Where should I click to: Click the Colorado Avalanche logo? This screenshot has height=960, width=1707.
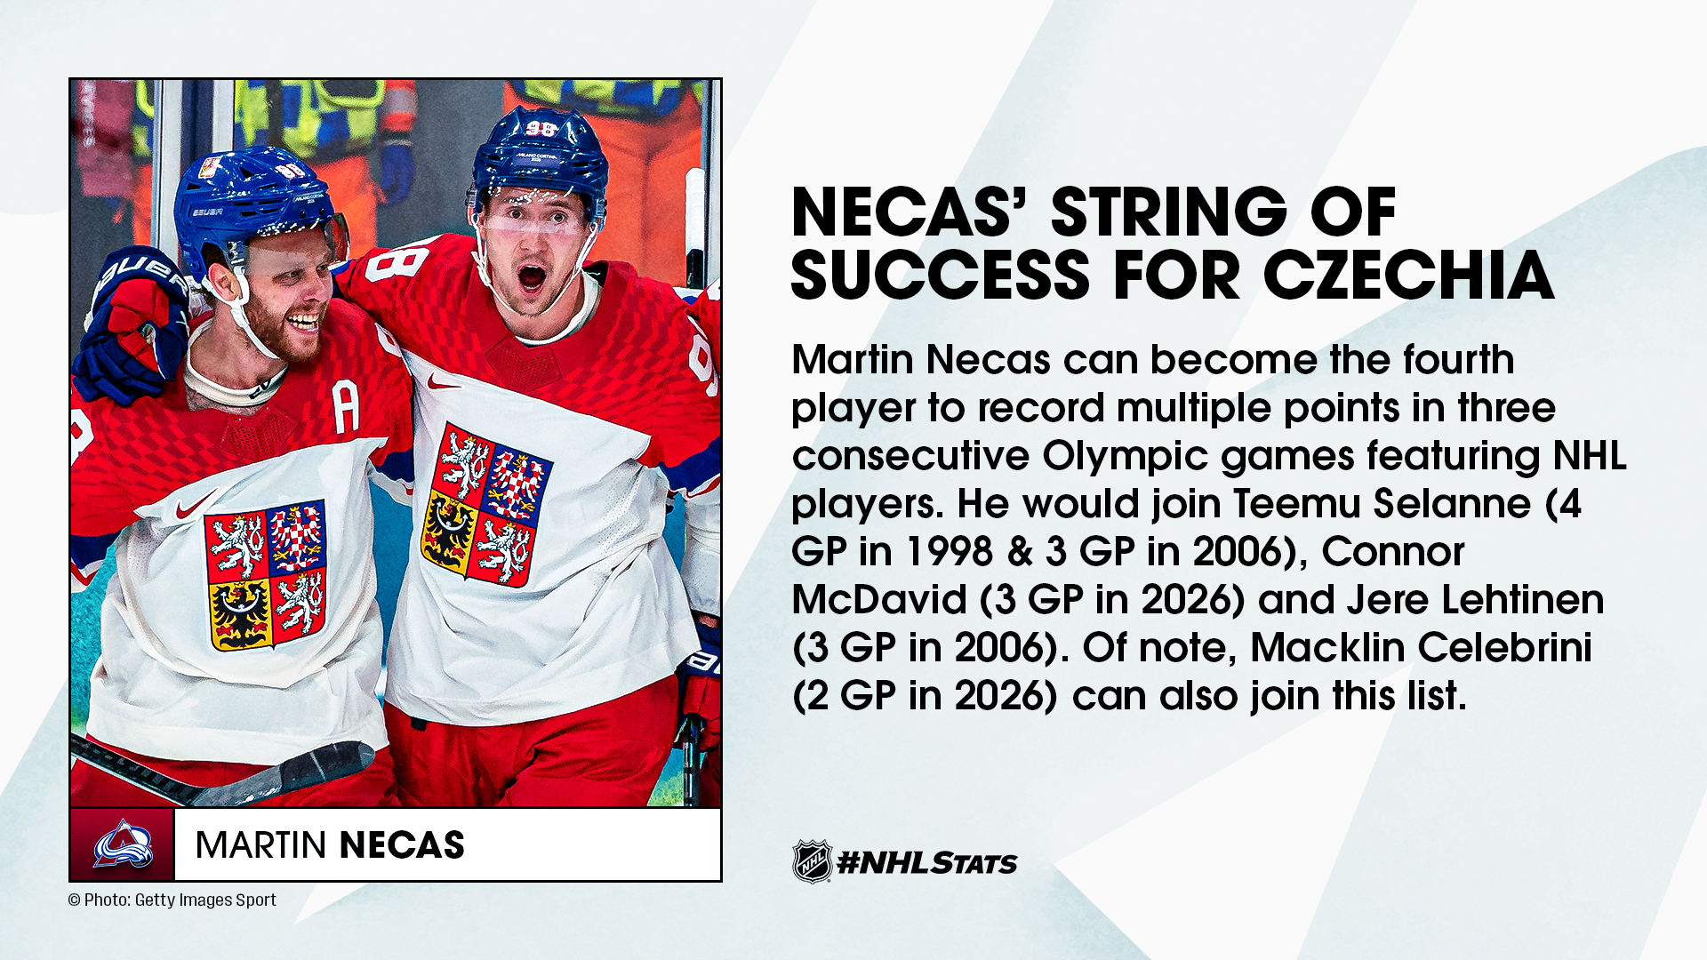coord(123,844)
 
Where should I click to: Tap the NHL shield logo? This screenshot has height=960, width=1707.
coord(812,861)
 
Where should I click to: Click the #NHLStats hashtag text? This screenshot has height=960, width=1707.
coord(927,862)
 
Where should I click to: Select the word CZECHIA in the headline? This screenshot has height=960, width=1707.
coord(1408,275)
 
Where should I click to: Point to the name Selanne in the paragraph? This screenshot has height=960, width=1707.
coord(1452,503)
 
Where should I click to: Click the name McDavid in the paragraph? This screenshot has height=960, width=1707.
coord(879,599)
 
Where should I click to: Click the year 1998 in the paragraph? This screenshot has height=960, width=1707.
coord(949,551)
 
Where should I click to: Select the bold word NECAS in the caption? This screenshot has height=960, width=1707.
coord(402,845)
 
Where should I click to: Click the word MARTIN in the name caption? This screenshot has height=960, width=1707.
coord(261,845)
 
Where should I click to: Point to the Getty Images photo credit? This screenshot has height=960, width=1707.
coord(172,900)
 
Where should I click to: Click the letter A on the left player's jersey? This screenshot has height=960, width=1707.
coord(347,408)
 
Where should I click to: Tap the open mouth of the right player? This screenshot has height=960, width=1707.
coord(532,276)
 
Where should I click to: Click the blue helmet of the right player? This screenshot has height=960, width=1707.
coord(540,160)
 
